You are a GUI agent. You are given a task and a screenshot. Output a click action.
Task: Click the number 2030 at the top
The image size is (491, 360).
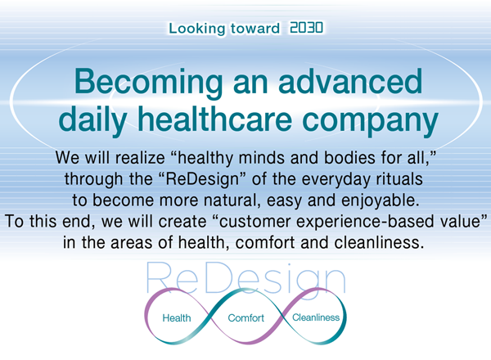pyautogui.click(x=306, y=28)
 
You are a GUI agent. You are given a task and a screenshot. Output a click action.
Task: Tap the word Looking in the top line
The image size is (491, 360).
pyautogui.click(x=197, y=29)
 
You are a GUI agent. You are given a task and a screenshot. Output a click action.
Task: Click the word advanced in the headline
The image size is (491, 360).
pyautogui.click(x=350, y=81)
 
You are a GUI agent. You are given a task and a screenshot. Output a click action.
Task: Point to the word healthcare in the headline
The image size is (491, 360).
pyautogui.click(x=214, y=119)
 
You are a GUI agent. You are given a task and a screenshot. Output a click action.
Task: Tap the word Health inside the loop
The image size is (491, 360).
pyautogui.click(x=177, y=318)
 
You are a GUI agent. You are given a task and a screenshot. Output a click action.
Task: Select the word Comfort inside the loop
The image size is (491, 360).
pyautogui.click(x=246, y=318)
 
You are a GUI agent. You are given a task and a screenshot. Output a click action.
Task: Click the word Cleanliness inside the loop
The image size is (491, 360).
pyautogui.click(x=316, y=317)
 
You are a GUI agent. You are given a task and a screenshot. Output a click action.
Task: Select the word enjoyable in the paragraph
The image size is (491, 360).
pyautogui.click(x=381, y=200)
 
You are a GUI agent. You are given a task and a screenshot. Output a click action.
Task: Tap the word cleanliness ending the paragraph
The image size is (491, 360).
pyautogui.click(x=379, y=243)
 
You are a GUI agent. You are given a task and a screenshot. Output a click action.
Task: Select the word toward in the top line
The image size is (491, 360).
pyautogui.click(x=255, y=29)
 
